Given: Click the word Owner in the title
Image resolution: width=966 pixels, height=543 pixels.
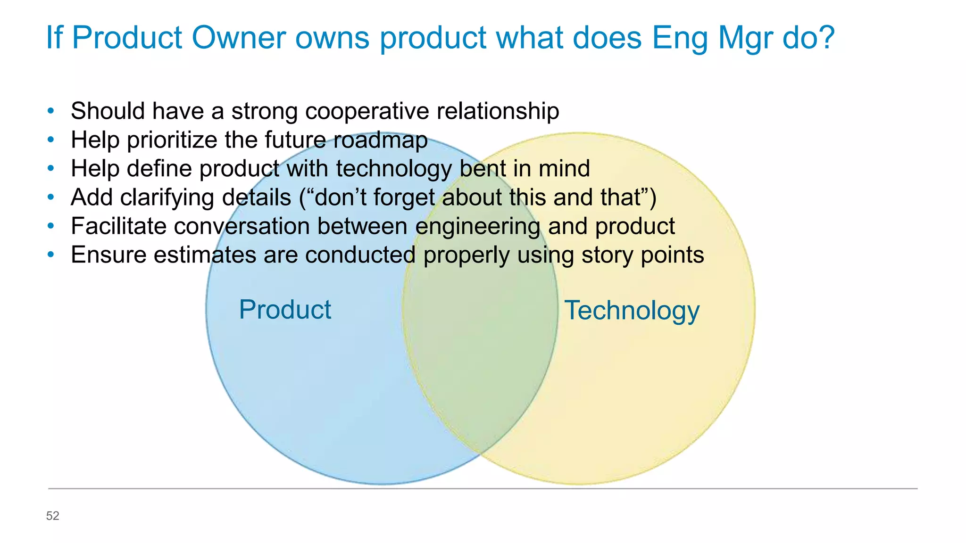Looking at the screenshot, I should (238, 37).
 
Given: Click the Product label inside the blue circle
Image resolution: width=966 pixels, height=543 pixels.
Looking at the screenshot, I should (285, 310).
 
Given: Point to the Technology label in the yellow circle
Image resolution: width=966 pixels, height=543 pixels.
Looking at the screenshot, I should (632, 311).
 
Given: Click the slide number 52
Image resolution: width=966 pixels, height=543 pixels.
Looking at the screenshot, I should (52, 516).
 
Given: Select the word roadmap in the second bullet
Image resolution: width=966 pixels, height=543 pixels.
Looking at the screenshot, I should (380, 140).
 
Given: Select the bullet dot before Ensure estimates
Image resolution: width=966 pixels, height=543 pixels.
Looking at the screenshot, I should (51, 255).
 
